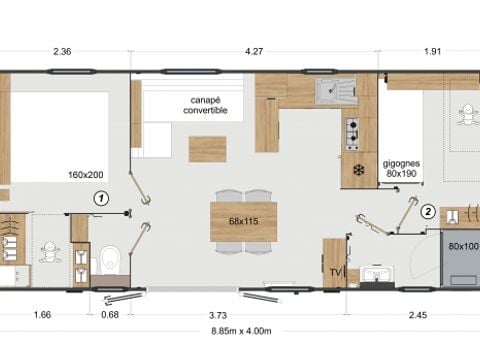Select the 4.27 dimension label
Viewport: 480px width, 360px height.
click(x=256, y=52)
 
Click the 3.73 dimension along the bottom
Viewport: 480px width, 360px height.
click(x=217, y=316)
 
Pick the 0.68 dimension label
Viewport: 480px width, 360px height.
click(x=110, y=316)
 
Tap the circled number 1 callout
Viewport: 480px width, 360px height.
click(x=100, y=198)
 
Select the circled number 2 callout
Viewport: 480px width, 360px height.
click(x=427, y=211)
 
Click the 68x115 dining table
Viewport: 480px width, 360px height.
click(x=244, y=220)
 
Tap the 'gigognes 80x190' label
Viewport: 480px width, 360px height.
click(x=400, y=166)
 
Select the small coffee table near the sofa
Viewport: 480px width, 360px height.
click(x=207, y=149)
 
